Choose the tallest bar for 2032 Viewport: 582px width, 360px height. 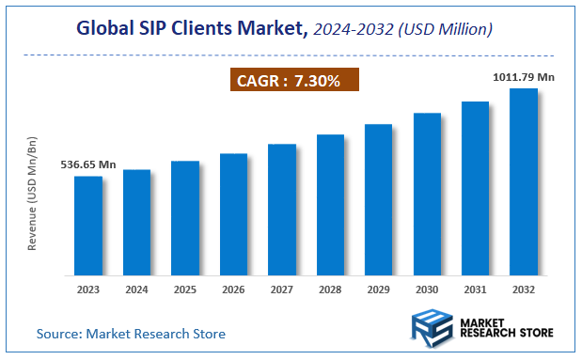click(524, 182)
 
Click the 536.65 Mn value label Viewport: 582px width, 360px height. click(88, 164)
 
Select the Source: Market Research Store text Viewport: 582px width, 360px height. click(131, 334)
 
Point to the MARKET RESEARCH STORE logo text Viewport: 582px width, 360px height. click(507, 328)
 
